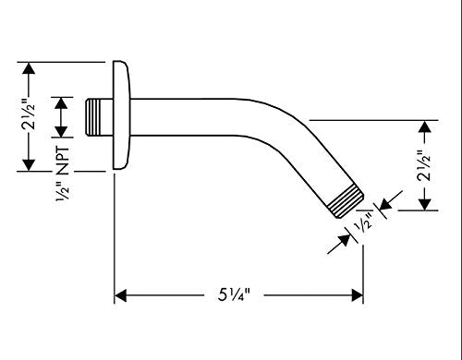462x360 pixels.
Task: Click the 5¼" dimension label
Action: tap(234, 295)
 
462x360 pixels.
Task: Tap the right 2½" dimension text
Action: tap(424, 165)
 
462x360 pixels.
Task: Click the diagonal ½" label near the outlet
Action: tap(365, 222)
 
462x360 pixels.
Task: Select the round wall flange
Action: tap(121, 115)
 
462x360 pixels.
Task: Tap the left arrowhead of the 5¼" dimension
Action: tap(120, 295)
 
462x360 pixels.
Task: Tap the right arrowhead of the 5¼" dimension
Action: tap(358, 295)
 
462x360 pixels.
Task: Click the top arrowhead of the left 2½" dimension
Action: tap(29, 68)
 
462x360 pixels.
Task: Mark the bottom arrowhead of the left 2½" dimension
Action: tap(29, 165)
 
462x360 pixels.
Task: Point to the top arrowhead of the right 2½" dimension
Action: tap(425, 126)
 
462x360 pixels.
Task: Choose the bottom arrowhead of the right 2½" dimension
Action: tap(425, 205)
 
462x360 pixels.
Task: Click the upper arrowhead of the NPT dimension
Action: tap(61, 102)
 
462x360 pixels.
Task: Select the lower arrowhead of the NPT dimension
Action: tap(61, 131)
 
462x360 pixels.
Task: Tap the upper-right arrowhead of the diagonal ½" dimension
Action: tap(386, 204)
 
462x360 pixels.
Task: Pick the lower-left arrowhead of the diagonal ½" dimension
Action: tap(345, 240)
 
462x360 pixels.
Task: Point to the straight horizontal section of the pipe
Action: tap(185, 117)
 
